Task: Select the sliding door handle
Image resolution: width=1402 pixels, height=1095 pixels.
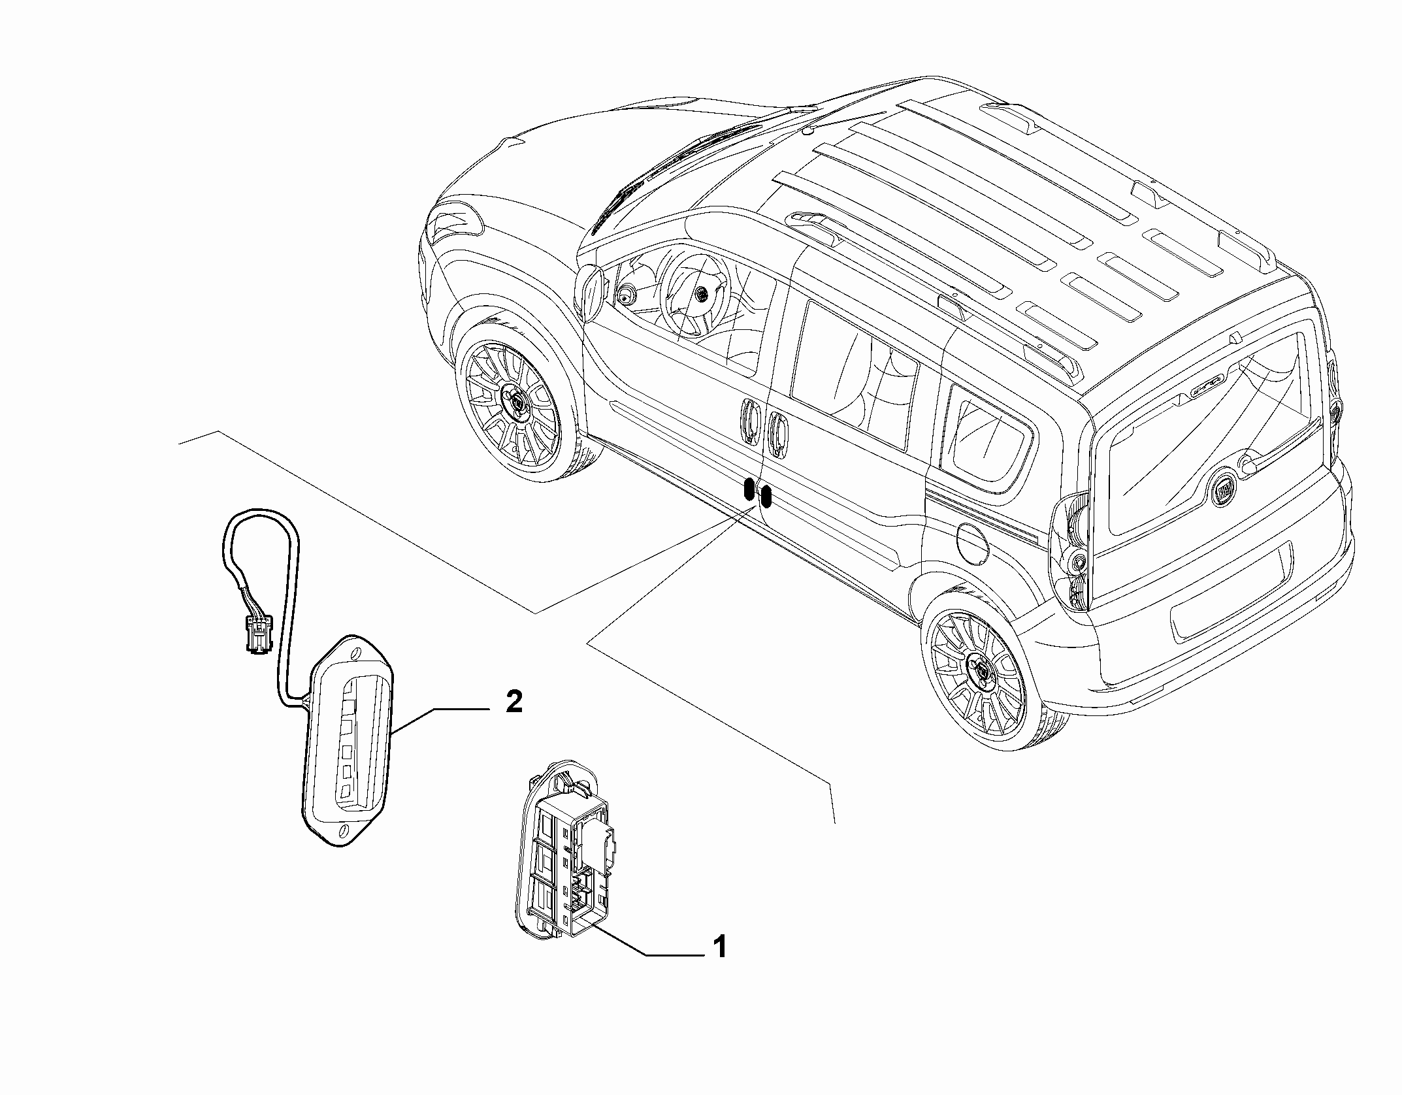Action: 777,431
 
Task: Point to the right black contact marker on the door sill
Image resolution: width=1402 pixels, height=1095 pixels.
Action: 766,497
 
